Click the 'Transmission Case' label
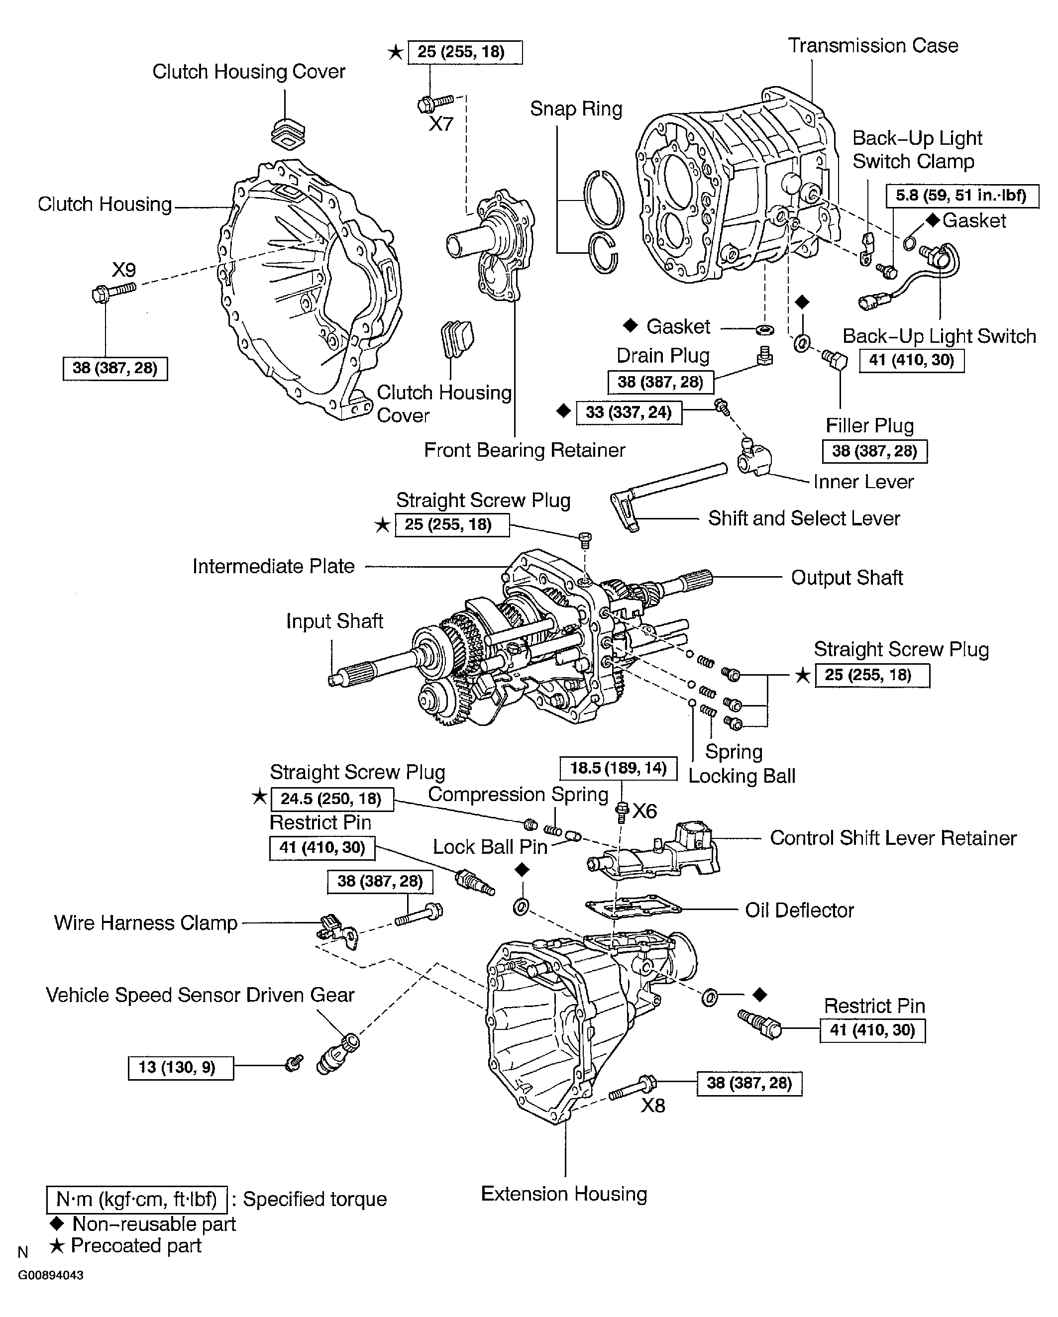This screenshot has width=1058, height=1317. tap(872, 46)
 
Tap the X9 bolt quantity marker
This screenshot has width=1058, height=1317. tap(123, 270)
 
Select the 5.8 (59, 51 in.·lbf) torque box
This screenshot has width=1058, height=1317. tap(961, 196)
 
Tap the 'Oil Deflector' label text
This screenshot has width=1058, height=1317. tap(799, 910)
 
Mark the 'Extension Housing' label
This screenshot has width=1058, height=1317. tap(564, 1194)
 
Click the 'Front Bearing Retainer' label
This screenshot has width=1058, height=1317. tap(524, 450)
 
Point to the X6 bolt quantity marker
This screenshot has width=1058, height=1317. tap(644, 811)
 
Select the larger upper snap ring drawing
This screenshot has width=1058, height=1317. tap(604, 200)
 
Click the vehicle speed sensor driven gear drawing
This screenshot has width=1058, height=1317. tap(338, 1054)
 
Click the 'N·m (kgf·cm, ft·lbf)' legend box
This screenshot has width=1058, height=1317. tap(137, 1199)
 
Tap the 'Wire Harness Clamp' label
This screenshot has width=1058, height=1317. tap(145, 923)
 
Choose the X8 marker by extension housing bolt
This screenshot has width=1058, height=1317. tap(652, 1105)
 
